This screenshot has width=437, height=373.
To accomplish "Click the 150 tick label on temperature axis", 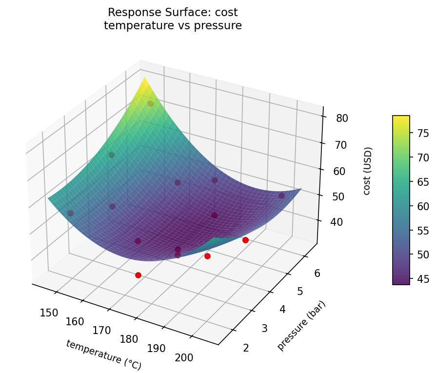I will [49, 313].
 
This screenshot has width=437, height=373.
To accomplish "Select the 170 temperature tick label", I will [102, 330].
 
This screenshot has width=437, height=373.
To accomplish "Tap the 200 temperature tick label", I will [184, 357].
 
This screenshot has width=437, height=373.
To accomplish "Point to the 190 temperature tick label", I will [156, 348].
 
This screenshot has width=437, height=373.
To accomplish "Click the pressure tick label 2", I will [245, 347].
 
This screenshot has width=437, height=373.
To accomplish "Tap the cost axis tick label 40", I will [336, 222].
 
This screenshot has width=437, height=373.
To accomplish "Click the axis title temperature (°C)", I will [103, 354].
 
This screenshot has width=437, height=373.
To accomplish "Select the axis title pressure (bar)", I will [301, 325].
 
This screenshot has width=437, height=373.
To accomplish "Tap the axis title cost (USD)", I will [367, 170].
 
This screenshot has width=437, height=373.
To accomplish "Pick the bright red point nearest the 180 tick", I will [138, 275].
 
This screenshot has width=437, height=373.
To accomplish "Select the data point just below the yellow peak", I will [150, 103].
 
